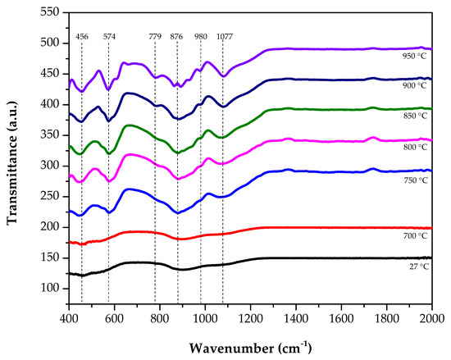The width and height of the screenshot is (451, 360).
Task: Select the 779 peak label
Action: [x=155, y=37]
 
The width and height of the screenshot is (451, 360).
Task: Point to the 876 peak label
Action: [x=177, y=37]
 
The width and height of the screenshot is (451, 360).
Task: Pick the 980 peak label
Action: [x=201, y=37]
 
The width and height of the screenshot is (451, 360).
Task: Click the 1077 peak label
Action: [x=223, y=37]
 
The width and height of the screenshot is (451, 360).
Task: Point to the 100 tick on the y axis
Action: [x=48, y=289]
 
